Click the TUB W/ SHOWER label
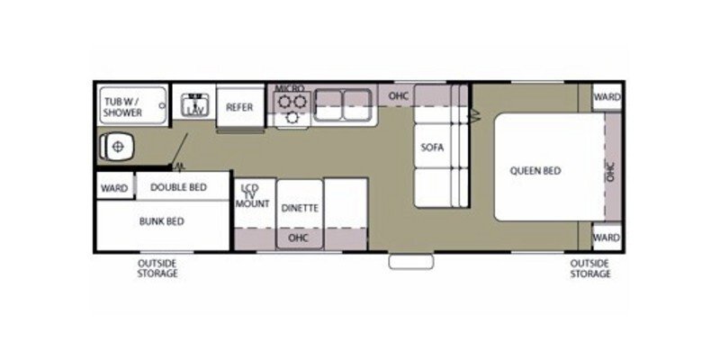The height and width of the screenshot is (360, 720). coord(121,107)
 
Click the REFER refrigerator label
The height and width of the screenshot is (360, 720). coord(238,107)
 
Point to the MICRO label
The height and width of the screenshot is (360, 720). coord(290,88)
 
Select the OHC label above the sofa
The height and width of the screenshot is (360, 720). coord(399,94)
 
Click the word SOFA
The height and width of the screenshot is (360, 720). coord(433,148)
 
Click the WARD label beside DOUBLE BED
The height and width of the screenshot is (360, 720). coord(114,188)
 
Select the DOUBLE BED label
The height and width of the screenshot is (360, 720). coord(178,187)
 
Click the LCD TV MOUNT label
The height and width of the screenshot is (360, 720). coord(254,195)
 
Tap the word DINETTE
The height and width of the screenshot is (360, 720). coord(299,208)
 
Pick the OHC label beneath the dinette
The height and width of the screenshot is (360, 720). coord(299,238)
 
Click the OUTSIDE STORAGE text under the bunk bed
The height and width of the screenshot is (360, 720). coord(157,267)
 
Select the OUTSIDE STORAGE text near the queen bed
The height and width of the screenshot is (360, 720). coord(589,267)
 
